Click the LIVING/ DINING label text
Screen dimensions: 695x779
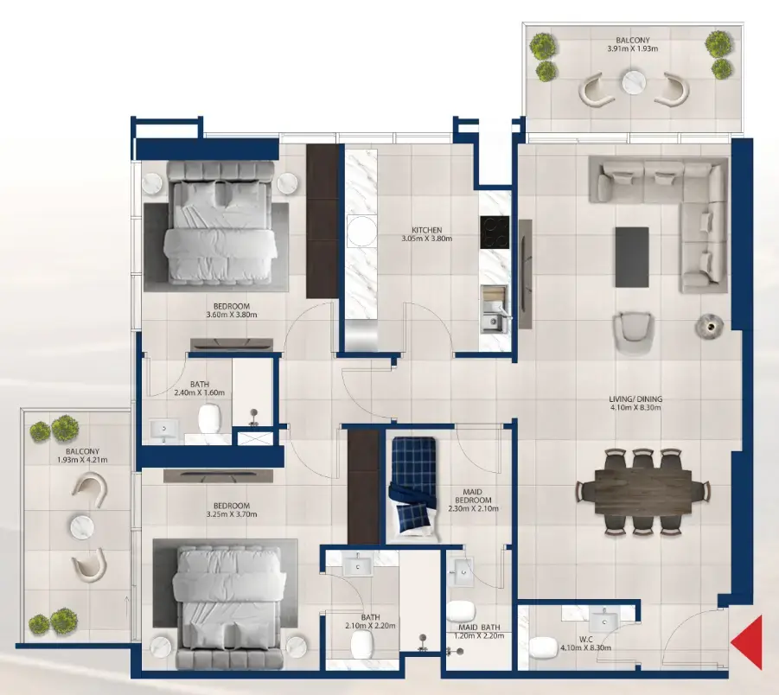[x=635, y=399]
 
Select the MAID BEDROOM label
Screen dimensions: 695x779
[x=471, y=500]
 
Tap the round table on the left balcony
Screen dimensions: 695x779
[x=82, y=526]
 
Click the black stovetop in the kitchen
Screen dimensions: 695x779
[x=495, y=232]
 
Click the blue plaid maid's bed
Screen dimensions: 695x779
[x=412, y=489]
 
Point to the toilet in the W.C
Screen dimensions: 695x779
[x=543, y=647]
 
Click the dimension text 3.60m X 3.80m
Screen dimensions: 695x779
[x=232, y=315]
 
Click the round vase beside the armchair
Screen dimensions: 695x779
[x=707, y=325]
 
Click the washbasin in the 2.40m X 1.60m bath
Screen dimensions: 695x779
[x=163, y=428]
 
